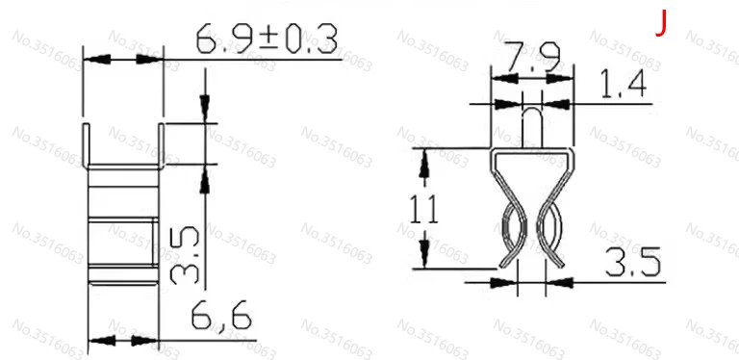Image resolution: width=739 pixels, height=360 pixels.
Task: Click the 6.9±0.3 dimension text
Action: [x=267, y=39]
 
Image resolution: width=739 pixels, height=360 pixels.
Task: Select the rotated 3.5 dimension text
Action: [x=185, y=255]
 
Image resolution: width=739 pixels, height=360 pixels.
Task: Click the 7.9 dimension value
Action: [x=531, y=57]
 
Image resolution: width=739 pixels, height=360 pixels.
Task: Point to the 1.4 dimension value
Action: [x=624, y=84]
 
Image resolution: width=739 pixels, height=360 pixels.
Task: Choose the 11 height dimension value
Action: [x=423, y=210]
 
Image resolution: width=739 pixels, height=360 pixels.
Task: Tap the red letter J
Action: [x=662, y=23]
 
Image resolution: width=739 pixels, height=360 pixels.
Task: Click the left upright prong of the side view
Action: [x=86, y=146]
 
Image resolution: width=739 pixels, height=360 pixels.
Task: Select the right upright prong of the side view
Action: [x=162, y=146]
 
